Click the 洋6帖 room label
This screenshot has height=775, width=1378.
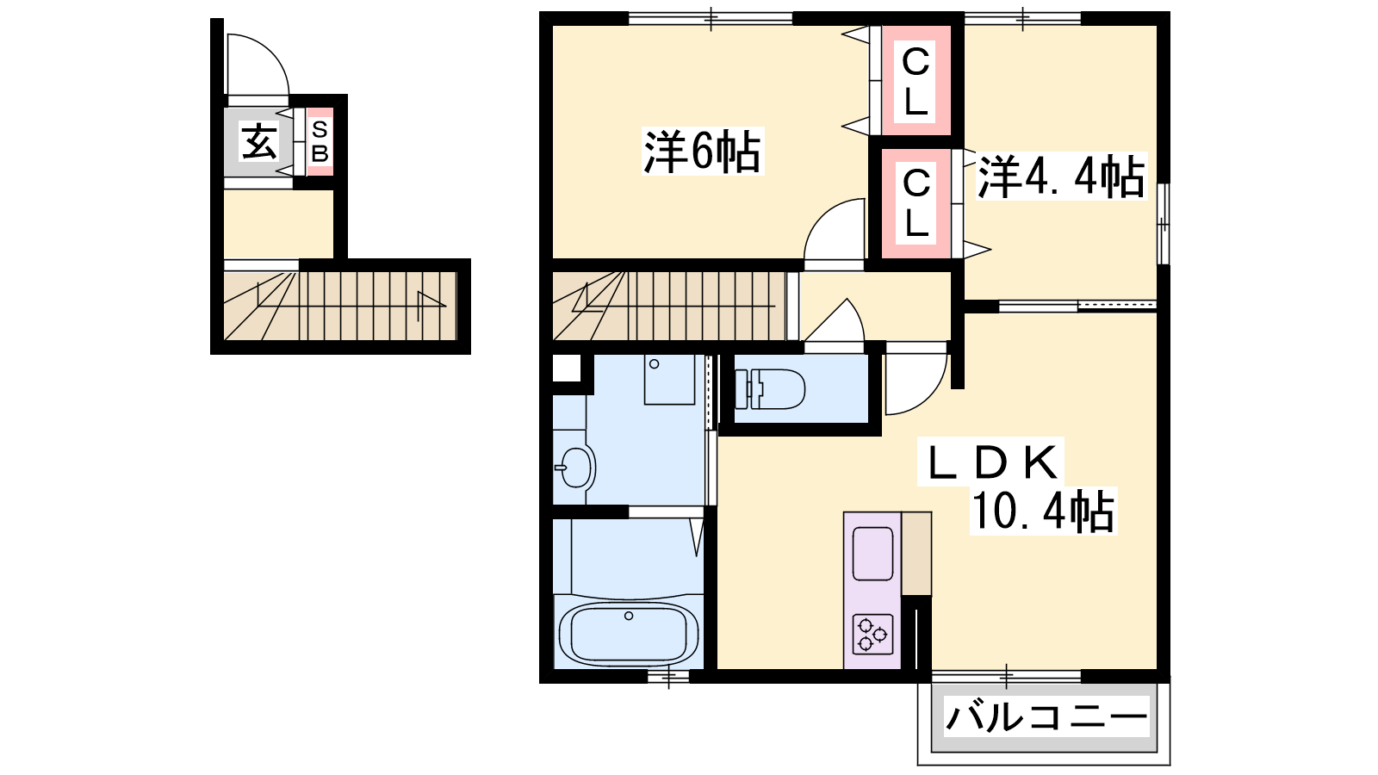[702, 152]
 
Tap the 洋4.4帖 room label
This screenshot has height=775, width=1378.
[1062, 177]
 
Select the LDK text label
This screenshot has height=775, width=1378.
[990, 462]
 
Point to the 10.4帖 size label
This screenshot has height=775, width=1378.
[1043, 511]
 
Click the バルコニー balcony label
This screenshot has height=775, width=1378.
[1046, 717]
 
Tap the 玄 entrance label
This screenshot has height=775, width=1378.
[258, 141]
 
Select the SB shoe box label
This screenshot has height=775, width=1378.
[320, 141]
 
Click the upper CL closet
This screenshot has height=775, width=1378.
[916, 80]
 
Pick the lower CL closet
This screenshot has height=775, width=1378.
[916, 203]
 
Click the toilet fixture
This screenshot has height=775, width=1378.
[770, 388]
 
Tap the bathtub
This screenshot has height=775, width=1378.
[629, 634]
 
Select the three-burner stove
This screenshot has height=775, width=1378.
[873, 634]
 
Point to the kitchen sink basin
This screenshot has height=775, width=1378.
[873, 554]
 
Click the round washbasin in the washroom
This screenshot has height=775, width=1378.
[576, 468]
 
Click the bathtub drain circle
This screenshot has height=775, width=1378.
[628, 616]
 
